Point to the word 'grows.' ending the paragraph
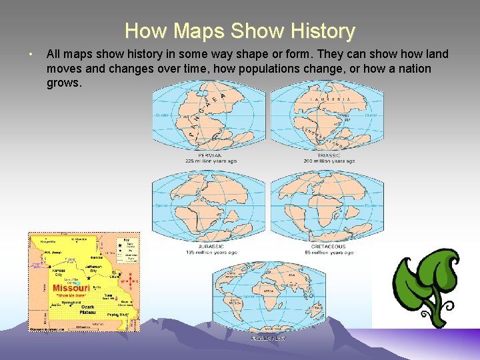(64, 83)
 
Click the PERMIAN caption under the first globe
(211, 155)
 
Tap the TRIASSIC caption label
(327, 155)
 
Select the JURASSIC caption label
(211, 247)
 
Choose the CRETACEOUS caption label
(327, 247)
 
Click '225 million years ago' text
(211, 161)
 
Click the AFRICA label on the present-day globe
(269, 291)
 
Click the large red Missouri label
(71, 288)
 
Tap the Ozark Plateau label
(87, 309)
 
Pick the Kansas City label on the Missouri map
(59, 273)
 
